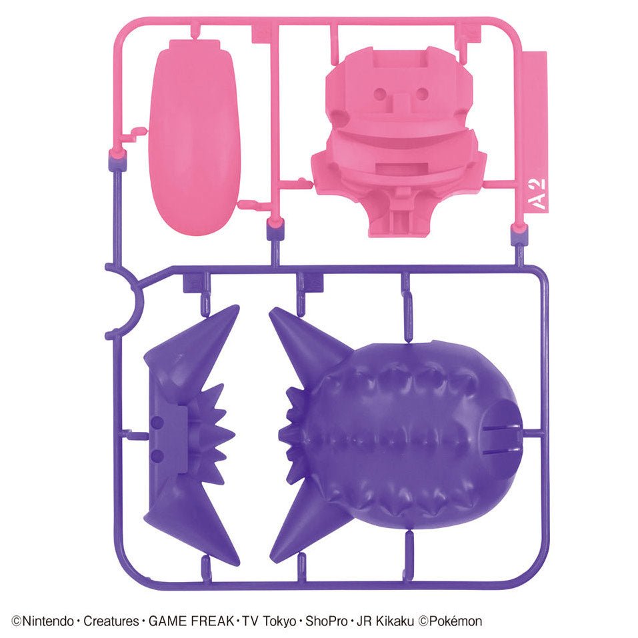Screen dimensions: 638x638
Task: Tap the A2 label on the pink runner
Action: [x=539, y=194]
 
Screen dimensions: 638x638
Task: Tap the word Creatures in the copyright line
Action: [x=111, y=621]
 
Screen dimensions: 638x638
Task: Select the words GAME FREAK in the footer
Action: [x=191, y=621]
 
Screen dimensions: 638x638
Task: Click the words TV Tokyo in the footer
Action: [x=269, y=621]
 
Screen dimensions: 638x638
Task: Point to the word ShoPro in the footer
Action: [x=326, y=621]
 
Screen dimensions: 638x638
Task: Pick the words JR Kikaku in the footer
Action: [x=385, y=621]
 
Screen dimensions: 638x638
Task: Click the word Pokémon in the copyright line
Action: [x=456, y=621]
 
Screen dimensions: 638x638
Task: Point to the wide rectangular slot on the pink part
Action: [x=401, y=167]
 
